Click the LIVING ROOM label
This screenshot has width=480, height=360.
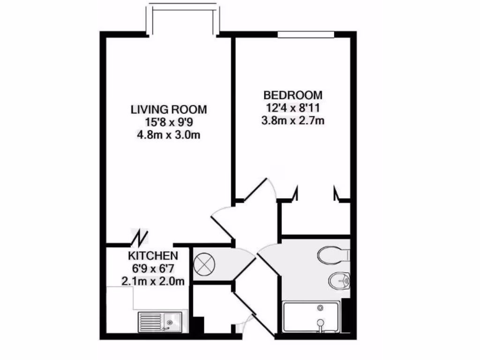click(168, 110)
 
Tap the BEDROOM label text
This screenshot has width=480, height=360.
click(293, 95)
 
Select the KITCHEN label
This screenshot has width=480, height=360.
click(153, 256)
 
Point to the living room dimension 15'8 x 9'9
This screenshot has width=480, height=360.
click(168, 123)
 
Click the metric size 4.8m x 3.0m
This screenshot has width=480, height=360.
click(168, 135)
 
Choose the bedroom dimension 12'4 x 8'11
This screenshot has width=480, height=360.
click(293, 108)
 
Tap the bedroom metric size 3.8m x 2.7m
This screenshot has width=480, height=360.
click(293, 120)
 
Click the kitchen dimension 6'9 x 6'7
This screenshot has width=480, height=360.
click(153, 269)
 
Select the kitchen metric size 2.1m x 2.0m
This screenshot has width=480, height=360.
click(153, 281)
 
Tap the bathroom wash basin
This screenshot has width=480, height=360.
click(338, 282)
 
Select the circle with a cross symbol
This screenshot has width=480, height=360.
click(204, 264)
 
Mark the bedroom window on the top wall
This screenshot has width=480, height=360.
click(306, 34)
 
